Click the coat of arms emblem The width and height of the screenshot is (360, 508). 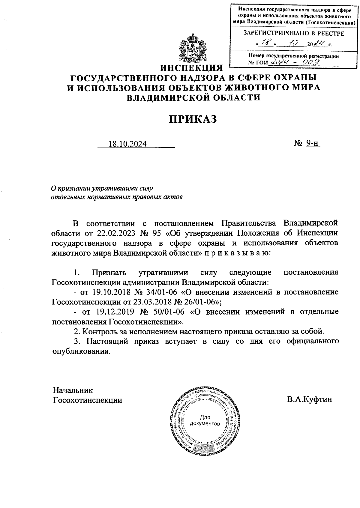click(x=192, y=48)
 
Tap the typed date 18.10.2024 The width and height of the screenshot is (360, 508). click(x=127, y=144)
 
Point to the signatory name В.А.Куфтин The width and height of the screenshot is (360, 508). click(x=309, y=399)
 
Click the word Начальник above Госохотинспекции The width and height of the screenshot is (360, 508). click(x=73, y=390)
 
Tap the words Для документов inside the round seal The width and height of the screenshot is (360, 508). click(x=205, y=420)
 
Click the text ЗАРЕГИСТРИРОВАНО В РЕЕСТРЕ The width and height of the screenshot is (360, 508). click(x=294, y=33)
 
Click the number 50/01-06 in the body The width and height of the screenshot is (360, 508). click(x=166, y=312)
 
